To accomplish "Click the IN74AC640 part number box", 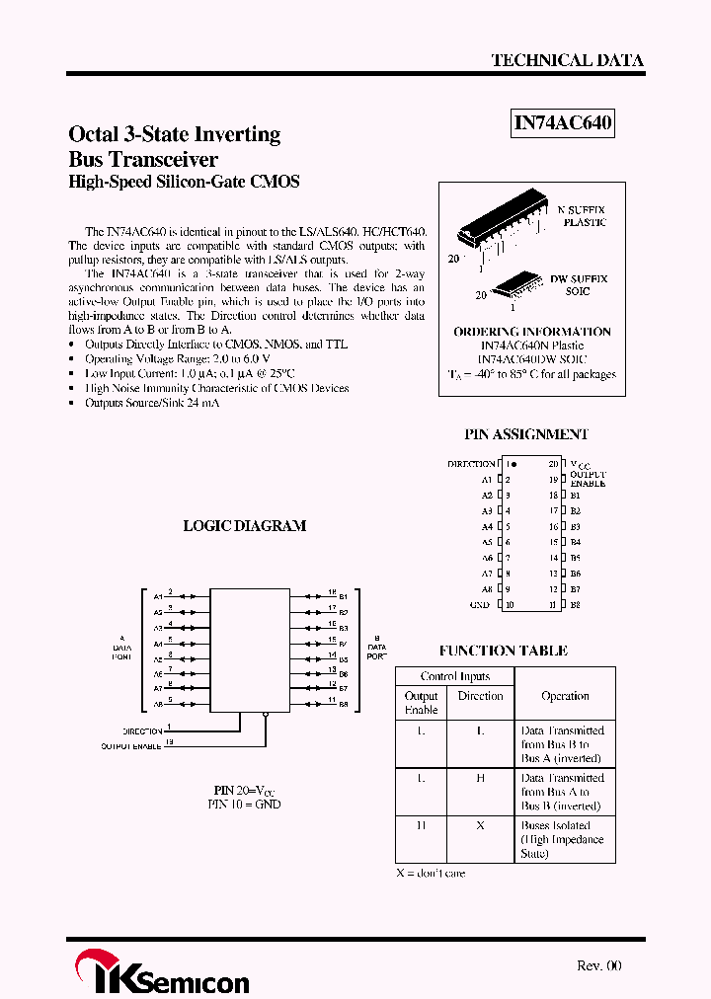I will pyautogui.click(x=563, y=123).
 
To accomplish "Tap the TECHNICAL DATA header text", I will pyautogui.click(x=567, y=61).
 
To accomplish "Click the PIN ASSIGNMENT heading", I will pyautogui.click(x=526, y=434).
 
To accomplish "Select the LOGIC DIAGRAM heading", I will pyautogui.click(x=245, y=526).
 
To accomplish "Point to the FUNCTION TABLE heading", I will pyautogui.click(x=504, y=651).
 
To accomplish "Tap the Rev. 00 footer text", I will pyautogui.click(x=598, y=966).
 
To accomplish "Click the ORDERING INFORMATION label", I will pyautogui.click(x=531, y=332).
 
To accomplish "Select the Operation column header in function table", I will pyautogui.click(x=565, y=696).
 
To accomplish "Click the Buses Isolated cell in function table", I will pyautogui.click(x=561, y=839).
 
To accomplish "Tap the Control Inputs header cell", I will pyautogui.click(x=454, y=676).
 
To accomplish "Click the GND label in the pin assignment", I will pyautogui.click(x=479, y=604).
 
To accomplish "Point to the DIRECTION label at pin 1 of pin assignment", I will pyautogui.click(x=471, y=463).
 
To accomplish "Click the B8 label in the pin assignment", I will pyautogui.click(x=575, y=604).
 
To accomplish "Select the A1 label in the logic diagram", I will pyautogui.click(x=158, y=596).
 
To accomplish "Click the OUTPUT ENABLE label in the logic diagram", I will pyautogui.click(x=131, y=746).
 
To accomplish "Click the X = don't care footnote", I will pyautogui.click(x=431, y=873).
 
